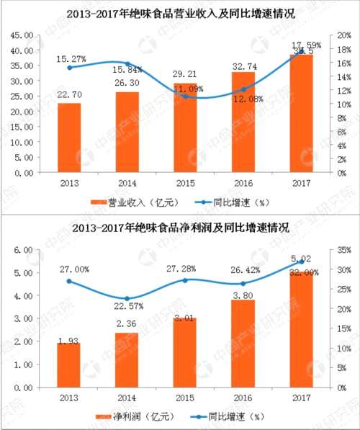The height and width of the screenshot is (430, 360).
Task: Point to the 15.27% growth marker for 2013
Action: [69, 67]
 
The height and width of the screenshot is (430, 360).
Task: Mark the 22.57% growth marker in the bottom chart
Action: [127, 298]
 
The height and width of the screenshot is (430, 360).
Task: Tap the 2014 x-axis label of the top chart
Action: [127, 184]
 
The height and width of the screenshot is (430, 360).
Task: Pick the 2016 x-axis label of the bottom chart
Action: [243, 398]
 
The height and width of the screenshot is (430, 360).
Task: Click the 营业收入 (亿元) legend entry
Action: [138, 202]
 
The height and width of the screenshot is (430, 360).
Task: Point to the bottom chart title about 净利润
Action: [180, 228]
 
